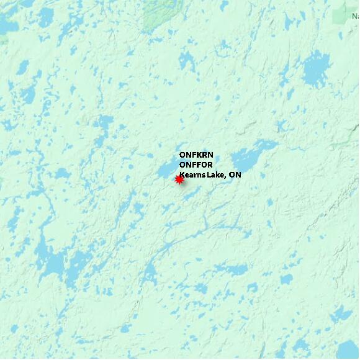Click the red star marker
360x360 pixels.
(179, 180)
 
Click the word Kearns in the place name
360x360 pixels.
(193, 175)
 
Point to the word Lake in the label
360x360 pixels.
(216, 175)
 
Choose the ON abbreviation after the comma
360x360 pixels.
(235, 175)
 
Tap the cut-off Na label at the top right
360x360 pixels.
(355, 17)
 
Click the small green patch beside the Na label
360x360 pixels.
(341, 16)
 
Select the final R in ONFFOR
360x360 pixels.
(209, 165)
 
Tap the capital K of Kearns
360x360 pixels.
(182, 175)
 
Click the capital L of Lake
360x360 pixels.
(210, 175)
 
